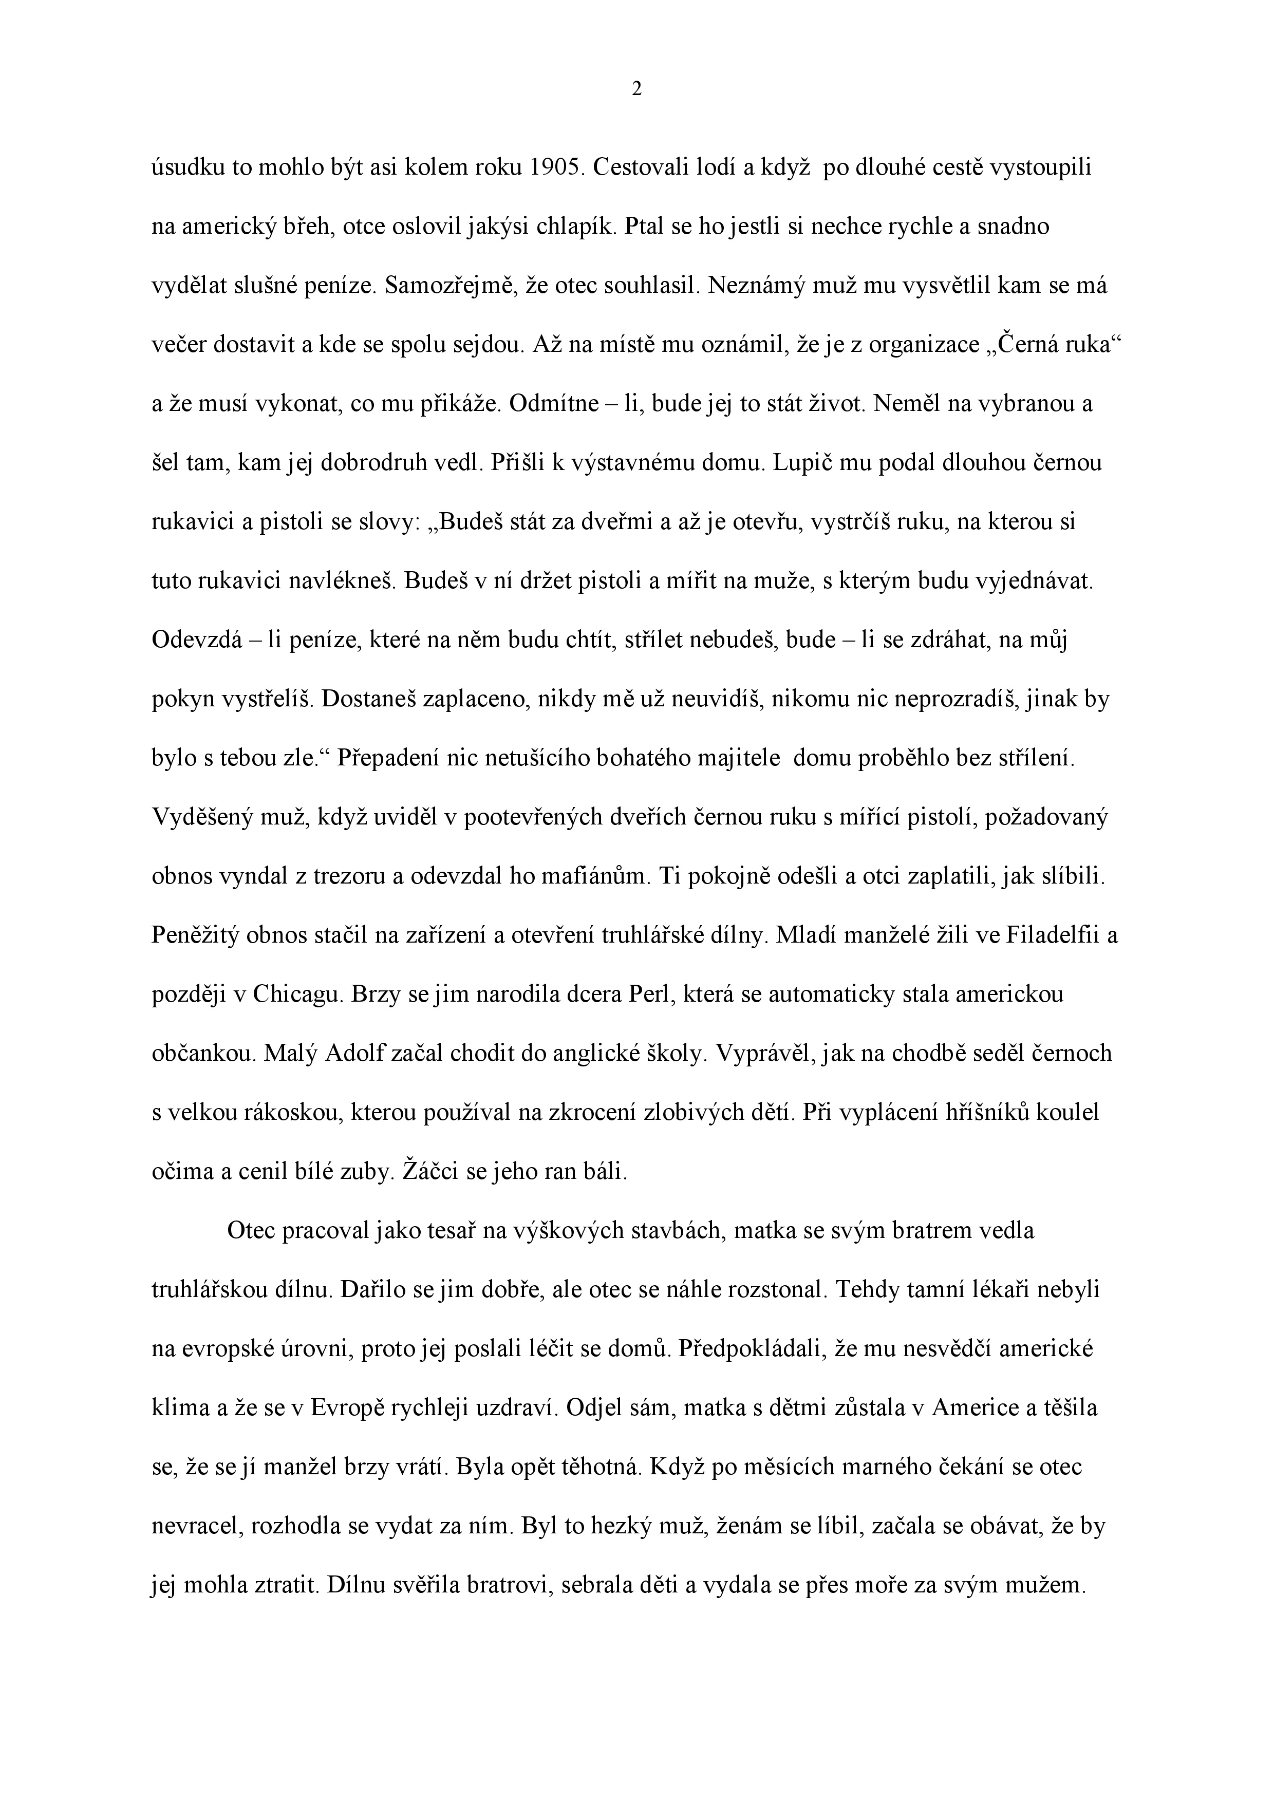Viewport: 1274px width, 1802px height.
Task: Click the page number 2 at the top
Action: (636, 89)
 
